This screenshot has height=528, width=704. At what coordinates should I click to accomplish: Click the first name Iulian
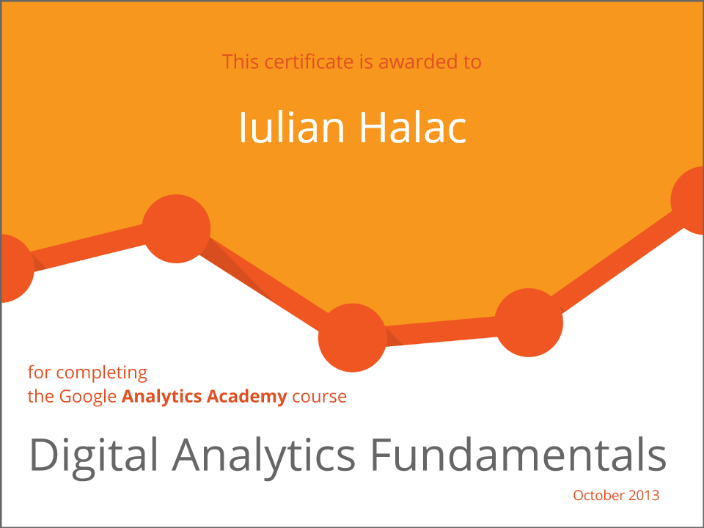291,128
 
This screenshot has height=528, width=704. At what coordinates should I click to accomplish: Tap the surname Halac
413,128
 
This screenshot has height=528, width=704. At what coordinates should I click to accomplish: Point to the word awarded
414,62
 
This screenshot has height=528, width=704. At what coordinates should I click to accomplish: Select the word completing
101,373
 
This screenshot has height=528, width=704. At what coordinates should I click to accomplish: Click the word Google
88,397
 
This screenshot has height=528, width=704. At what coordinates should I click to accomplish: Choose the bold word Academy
247,397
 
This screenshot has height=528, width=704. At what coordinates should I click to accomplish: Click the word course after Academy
319,397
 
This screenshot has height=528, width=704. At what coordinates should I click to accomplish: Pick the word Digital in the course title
94,455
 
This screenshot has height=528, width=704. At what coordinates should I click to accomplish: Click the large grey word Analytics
263,455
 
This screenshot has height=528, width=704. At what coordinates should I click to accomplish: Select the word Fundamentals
518,455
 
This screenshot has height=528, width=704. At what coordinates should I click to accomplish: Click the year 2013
644,495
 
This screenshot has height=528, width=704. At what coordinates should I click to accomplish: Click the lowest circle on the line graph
353,337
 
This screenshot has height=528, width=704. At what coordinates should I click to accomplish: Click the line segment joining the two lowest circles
441,331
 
